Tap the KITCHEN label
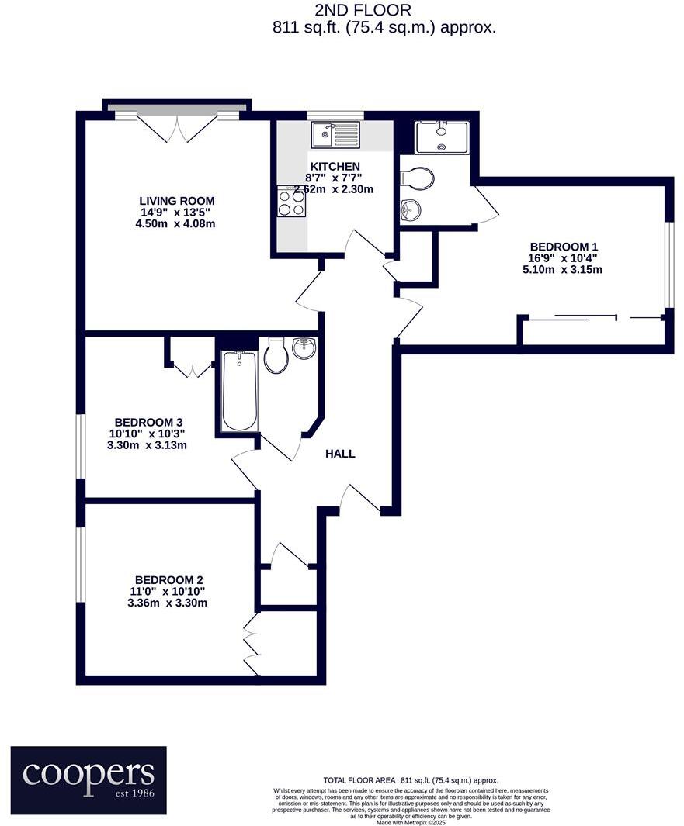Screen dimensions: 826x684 coord(335,167)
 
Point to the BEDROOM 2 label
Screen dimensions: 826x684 coord(168,579)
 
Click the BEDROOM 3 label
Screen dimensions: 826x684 coord(147,422)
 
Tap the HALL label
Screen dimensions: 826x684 coord(340,454)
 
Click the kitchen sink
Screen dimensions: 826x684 coord(335,134)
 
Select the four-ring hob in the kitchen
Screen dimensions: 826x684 coord(291,203)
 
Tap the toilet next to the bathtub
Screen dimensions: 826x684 coord(276,358)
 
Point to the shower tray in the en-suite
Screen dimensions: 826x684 coord(441,137)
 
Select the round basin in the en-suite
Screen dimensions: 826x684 coord(411,209)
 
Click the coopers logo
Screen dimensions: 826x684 coord(89,779)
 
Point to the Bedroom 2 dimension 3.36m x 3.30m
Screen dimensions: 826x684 coord(168,603)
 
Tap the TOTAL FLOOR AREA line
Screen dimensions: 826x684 coord(410,780)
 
